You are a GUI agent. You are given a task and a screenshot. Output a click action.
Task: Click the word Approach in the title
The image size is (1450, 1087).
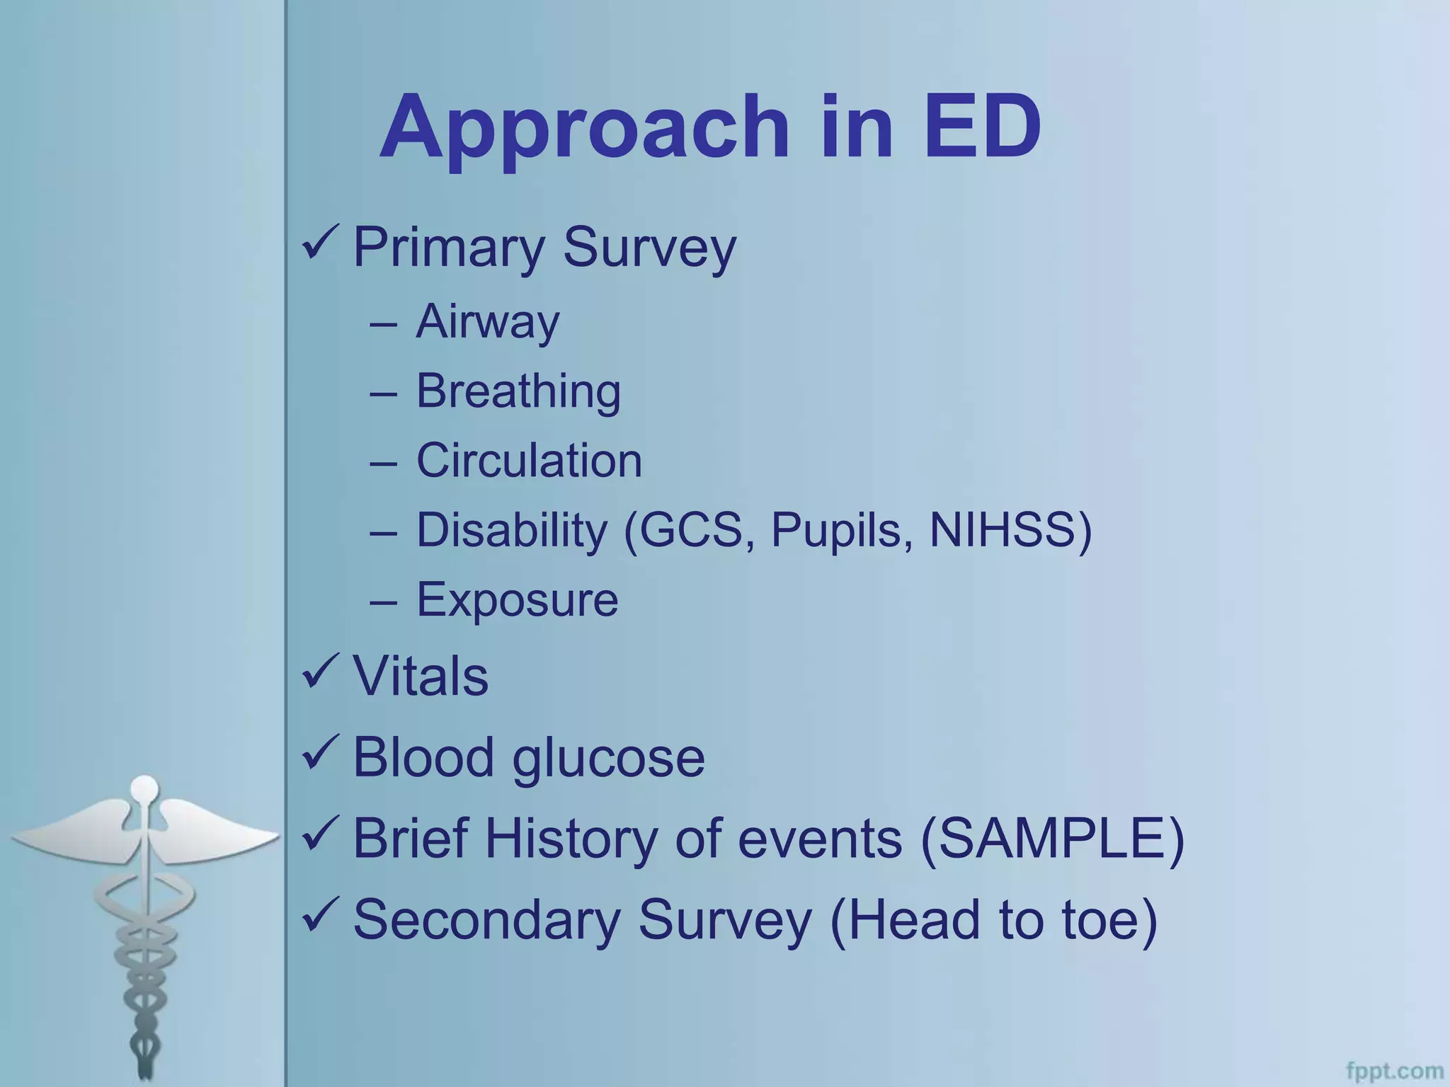click(584, 130)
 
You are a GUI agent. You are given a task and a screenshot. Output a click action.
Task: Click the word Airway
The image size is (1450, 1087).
click(487, 323)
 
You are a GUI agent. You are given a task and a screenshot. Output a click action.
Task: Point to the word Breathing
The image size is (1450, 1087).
click(518, 392)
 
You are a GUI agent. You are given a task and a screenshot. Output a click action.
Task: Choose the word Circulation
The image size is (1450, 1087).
click(529, 461)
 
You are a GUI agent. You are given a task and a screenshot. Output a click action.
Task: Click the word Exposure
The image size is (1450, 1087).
click(517, 600)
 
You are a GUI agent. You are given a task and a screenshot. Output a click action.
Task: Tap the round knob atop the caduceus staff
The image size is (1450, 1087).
click(145, 787)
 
